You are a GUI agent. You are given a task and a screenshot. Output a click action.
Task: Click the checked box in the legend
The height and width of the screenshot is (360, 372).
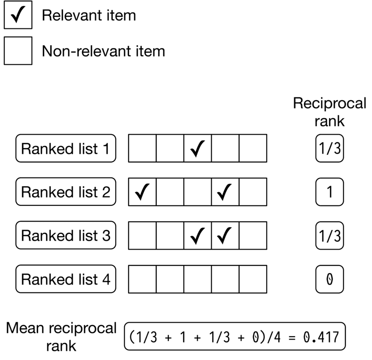click(x=18, y=16)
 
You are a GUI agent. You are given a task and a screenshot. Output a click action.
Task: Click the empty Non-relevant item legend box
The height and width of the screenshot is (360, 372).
click(x=18, y=50)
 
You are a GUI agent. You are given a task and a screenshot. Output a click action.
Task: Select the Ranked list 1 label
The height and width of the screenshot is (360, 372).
click(x=66, y=149)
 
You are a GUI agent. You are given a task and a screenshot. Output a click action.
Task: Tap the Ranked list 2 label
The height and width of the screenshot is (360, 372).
click(x=66, y=192)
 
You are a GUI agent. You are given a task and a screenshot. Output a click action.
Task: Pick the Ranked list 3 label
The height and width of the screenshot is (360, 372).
click(x=66, y=236)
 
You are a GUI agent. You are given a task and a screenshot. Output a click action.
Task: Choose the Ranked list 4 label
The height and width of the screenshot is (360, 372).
click(x=66, y=279)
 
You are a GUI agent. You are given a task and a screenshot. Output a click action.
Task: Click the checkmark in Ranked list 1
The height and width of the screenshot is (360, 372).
click(x=198, y=149)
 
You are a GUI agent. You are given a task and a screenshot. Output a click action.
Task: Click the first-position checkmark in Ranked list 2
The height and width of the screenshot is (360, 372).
click(x=142, y=192)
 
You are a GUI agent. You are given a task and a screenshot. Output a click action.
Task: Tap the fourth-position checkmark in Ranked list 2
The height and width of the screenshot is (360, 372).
click(x=226, y=192)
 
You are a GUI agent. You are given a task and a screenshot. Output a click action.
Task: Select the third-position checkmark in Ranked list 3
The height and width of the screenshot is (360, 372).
click(x=198, y=236)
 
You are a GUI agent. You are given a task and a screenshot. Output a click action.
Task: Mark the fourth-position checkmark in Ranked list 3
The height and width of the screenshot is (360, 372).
click(x=226, y=236)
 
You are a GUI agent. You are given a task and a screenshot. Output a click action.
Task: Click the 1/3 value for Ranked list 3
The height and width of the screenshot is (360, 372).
click(x=330, y=236)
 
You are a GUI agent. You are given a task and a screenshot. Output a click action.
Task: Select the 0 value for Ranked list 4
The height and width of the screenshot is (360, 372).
click(x=330, y=279)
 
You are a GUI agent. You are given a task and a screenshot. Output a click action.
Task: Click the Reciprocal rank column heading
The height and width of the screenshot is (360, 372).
click(x=330, y=112)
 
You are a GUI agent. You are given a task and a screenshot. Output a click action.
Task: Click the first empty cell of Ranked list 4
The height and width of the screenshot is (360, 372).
click(x=142, y=279)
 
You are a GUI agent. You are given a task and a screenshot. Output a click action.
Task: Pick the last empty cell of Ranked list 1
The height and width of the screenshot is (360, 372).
click(x=253, y=149)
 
